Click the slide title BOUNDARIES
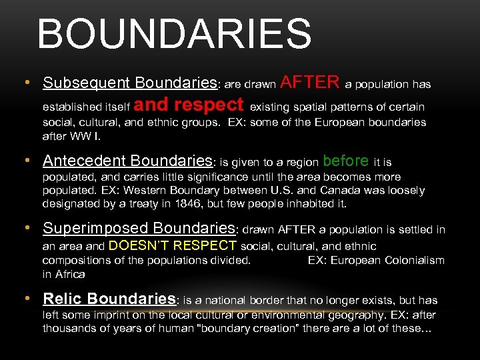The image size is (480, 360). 174,35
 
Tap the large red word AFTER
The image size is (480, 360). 310,82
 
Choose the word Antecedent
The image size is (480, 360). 85,161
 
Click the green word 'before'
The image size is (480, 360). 345,161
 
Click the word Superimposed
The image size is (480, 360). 94,229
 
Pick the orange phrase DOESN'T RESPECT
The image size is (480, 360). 172,245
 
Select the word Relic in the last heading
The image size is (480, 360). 63,299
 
